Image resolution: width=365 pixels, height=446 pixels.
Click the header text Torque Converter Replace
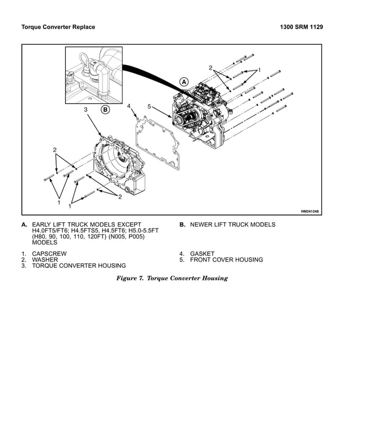tap(58, 27)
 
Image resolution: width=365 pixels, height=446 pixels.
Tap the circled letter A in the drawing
tap(184, 82)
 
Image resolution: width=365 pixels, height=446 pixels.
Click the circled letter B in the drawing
tap(105, 109)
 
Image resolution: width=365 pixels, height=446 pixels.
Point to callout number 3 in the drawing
tap(85, 109)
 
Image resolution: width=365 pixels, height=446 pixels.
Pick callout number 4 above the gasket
tap(129, 106)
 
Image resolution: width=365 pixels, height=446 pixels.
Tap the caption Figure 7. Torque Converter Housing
tap(172, 278)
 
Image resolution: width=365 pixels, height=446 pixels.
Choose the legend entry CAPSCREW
tap(49, 253)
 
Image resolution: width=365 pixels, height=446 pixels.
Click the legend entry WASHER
tap(45, 259)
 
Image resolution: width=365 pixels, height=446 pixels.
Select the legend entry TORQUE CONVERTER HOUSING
tap(78, 266)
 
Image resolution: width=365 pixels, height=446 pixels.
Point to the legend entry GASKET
tap(202, 253)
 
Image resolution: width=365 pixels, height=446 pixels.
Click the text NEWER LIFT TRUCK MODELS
tap(232, 224)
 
